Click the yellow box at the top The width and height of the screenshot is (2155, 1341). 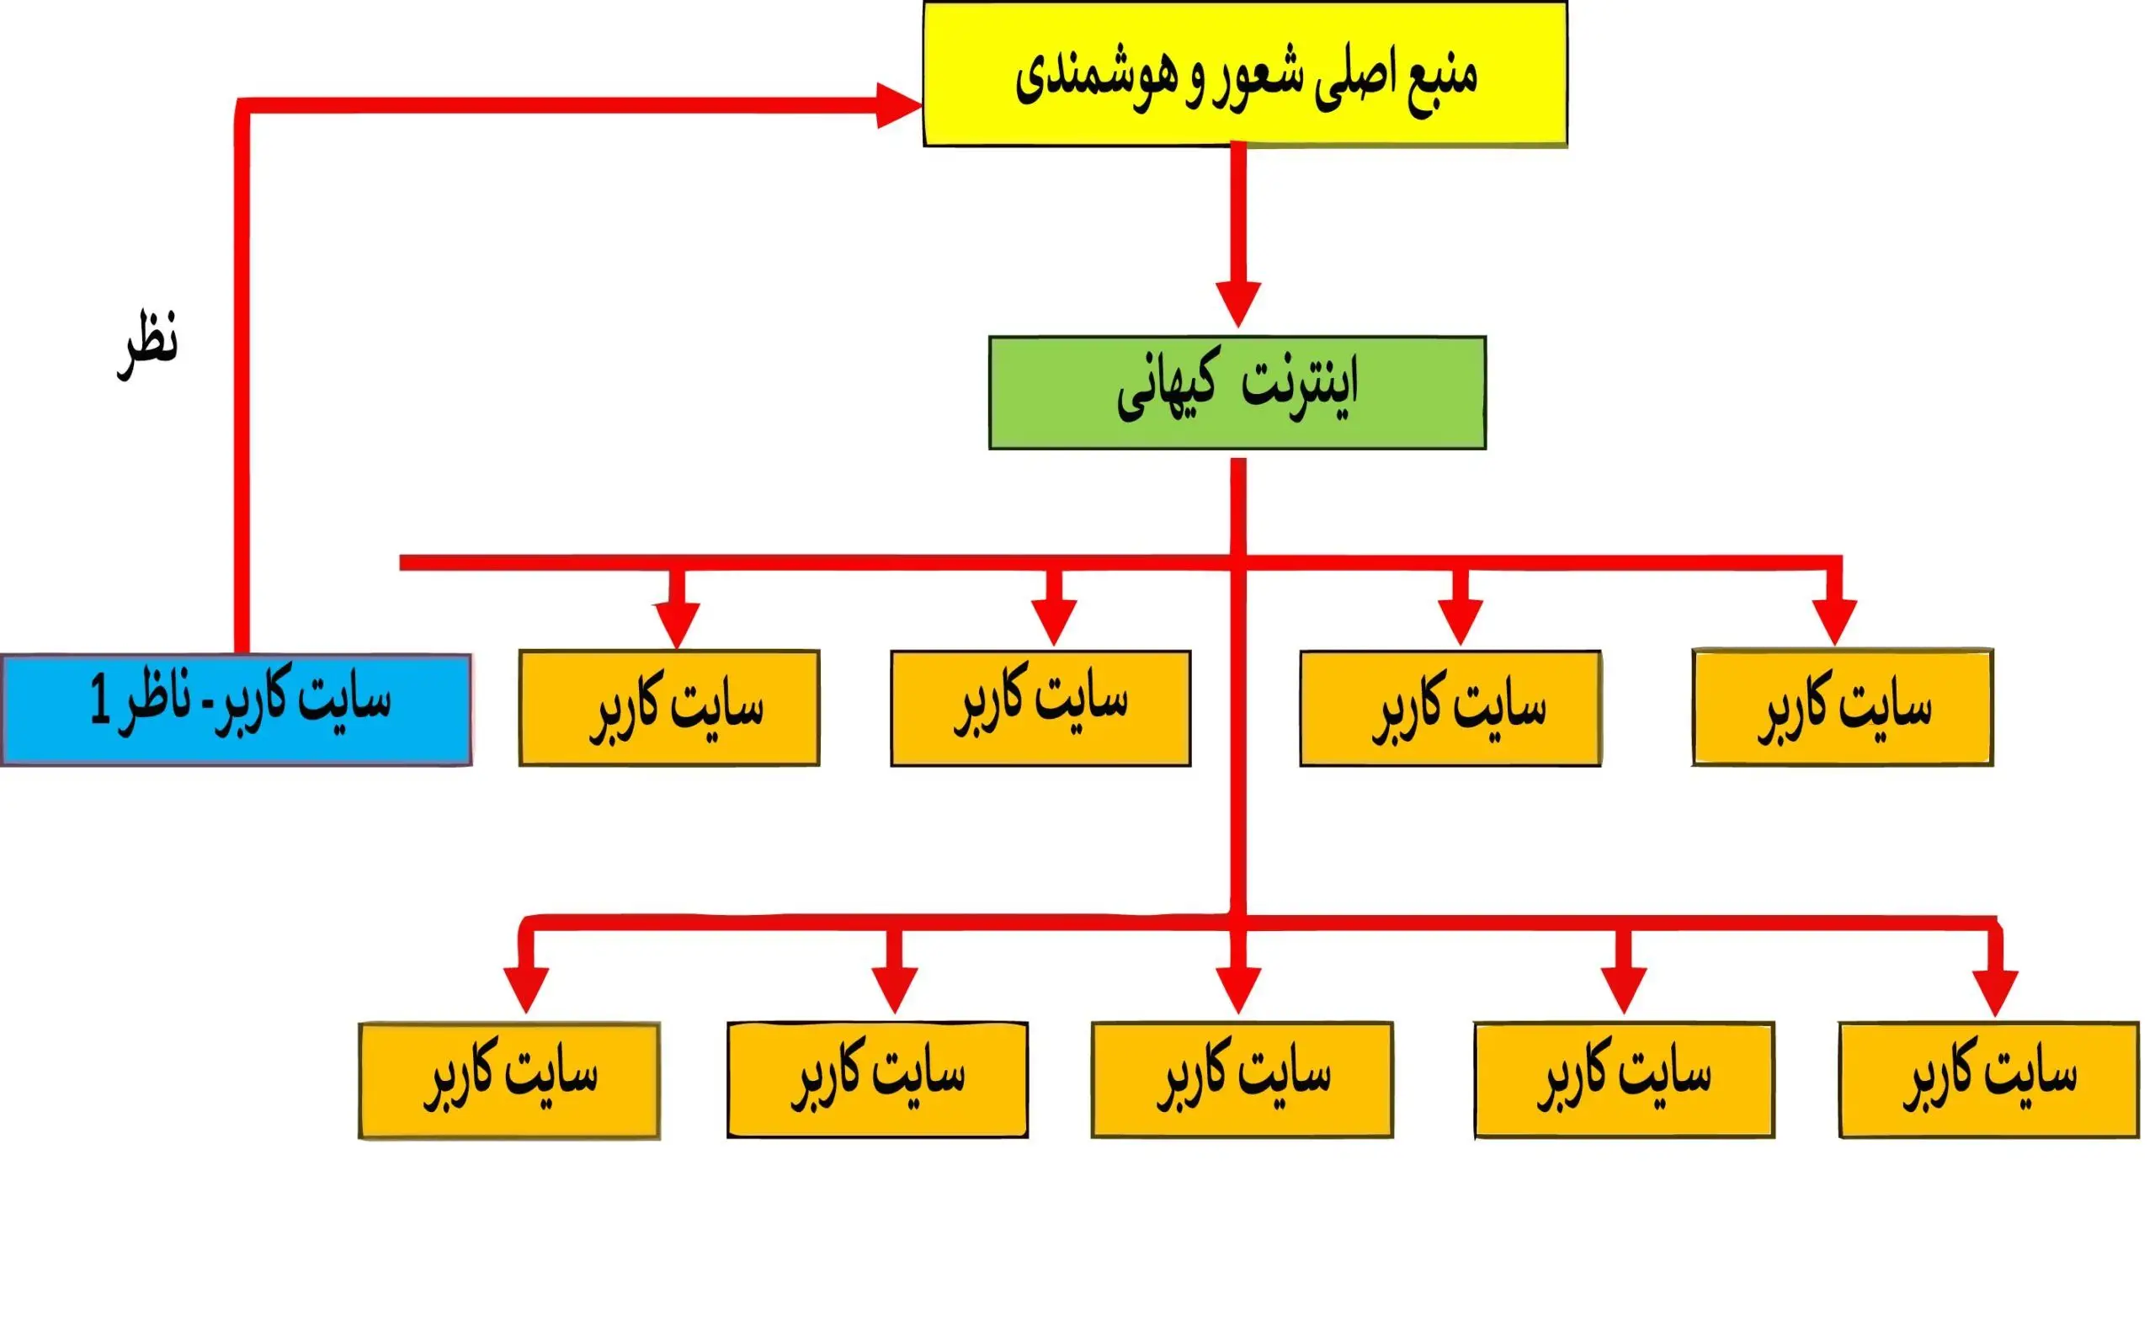(x=1245, y=73)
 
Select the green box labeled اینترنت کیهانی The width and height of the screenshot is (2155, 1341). (x=1237, y=393)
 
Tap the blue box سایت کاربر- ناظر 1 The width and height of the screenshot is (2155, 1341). (x=236, y=710)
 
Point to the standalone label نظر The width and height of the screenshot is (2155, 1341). (x=148, y=346)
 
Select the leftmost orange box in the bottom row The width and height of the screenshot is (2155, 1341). (x=509, y=1080)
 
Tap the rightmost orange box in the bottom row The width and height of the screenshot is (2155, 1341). (x=1989, y=1080)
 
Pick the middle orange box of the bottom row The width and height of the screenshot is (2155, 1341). (x=1242, y=1080)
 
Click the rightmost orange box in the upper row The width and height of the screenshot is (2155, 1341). (x=1843, y=708)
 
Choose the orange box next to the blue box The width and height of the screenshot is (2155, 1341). (x=669, y=708)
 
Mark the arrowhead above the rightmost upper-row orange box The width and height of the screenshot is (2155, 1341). (x=1835, y=623)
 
